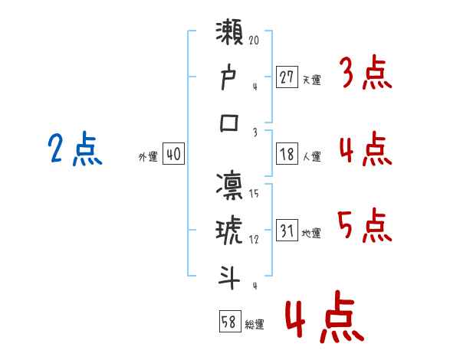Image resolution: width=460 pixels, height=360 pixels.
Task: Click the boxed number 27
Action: click(287, 77)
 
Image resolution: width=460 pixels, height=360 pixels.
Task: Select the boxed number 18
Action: click(287, 155)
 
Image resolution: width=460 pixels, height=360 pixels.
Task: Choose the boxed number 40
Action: click(173, 155)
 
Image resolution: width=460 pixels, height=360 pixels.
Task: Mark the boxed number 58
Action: click(228, 322)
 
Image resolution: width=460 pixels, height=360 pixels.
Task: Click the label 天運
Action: click(311, 80)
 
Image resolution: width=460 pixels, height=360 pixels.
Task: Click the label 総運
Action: click(255, 324)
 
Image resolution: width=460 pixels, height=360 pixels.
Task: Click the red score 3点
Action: click(365, 74)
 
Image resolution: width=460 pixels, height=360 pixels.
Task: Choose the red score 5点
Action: click(365, 225)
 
